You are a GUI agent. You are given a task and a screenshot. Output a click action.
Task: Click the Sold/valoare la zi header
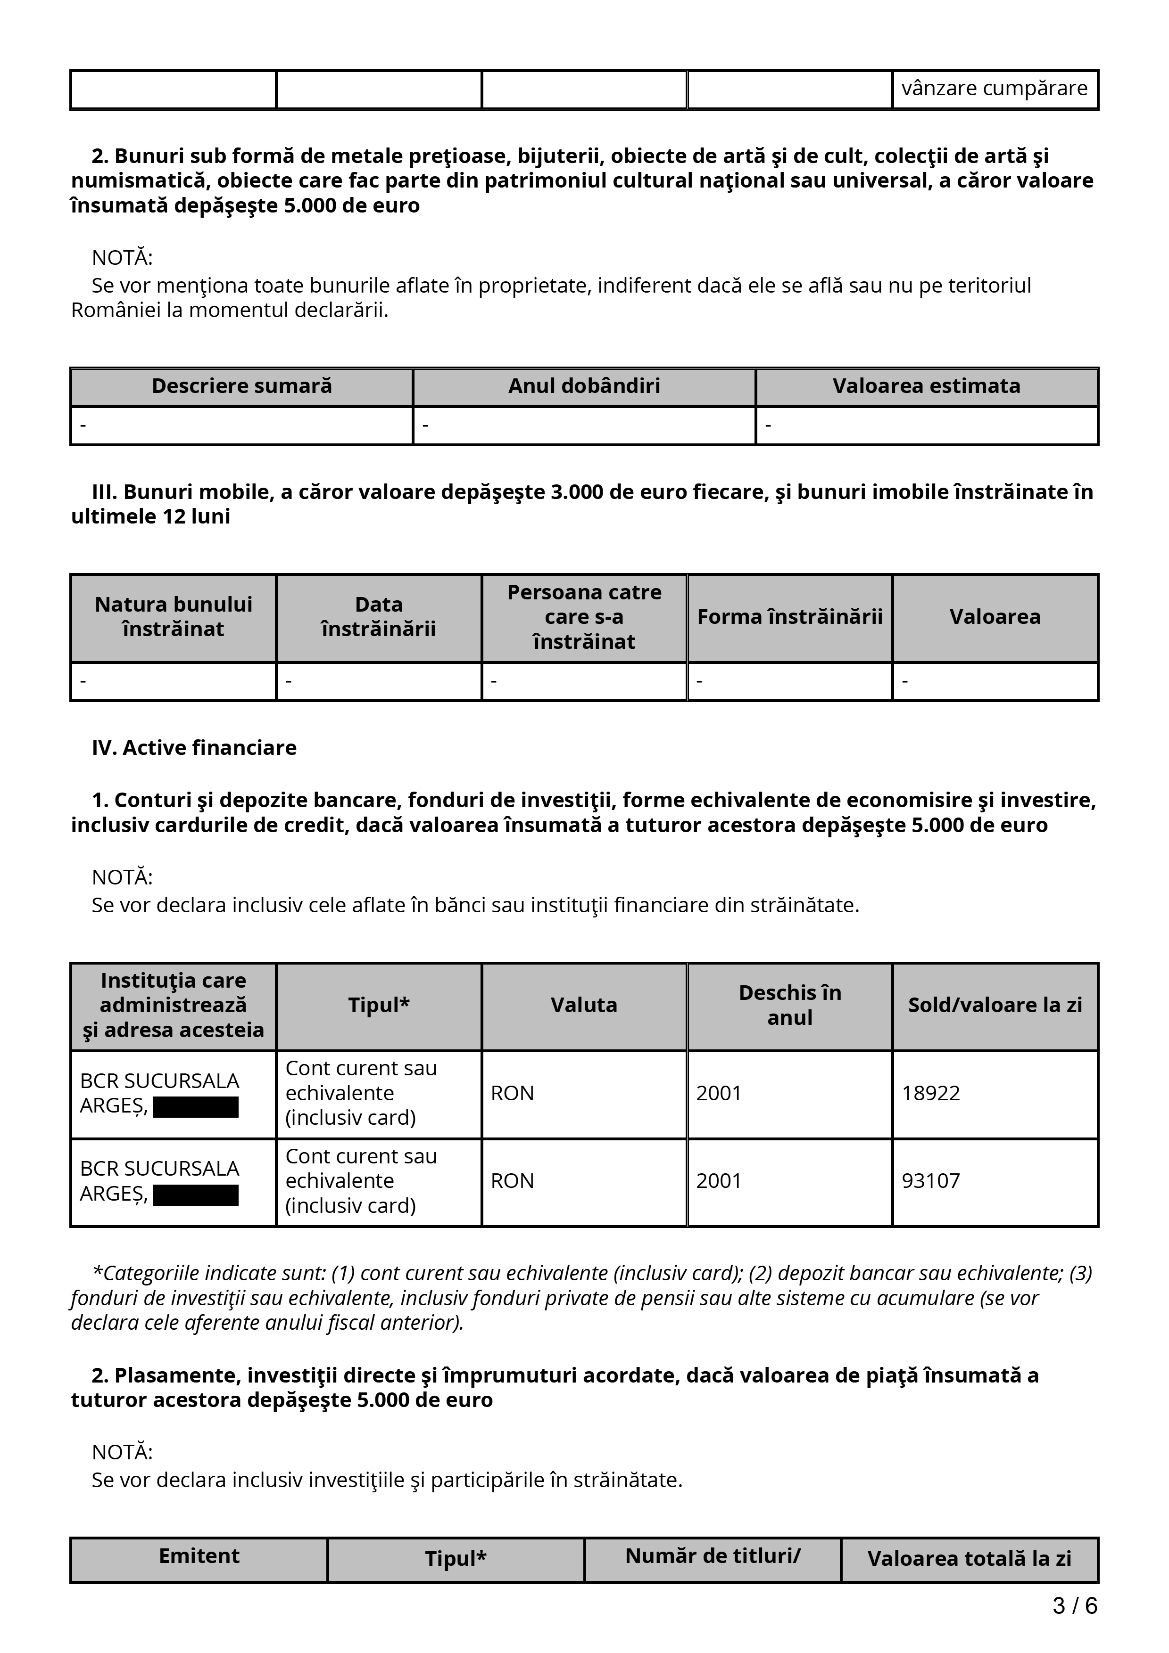[x=995, y=1005]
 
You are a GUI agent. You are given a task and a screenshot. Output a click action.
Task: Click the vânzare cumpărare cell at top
[x=994, y=89]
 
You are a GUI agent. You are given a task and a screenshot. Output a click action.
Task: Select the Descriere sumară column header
[x=241, y=386]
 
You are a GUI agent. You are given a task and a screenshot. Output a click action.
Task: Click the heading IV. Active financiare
[x=194, y=748]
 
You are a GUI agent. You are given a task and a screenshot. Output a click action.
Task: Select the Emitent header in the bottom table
[x=199, y=1556]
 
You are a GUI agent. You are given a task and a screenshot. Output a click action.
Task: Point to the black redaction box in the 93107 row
[x=196, y=1195]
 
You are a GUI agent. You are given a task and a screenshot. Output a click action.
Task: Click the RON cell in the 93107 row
[x=512, y=1181]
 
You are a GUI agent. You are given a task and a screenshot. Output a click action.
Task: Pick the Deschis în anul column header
[x=789, y=1005]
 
